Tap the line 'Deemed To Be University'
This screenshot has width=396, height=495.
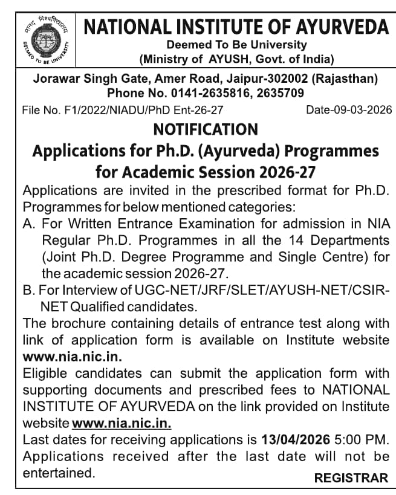pyautogui.click(x=236, y=45)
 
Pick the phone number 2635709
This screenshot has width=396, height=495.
pyautogui.click(x=280, y=93)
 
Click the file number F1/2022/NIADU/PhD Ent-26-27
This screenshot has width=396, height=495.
pyautogui.click(x=122, y=110)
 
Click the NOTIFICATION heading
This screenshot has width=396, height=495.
pyautogui.click(x=206, y=129)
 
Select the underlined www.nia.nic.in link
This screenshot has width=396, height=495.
pyautogui.click(x=121, y=421)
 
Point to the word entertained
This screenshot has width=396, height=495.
pyautogui.click(x=59, y=473)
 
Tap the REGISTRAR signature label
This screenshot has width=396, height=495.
pyautogui.click(x=351, y=477)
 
